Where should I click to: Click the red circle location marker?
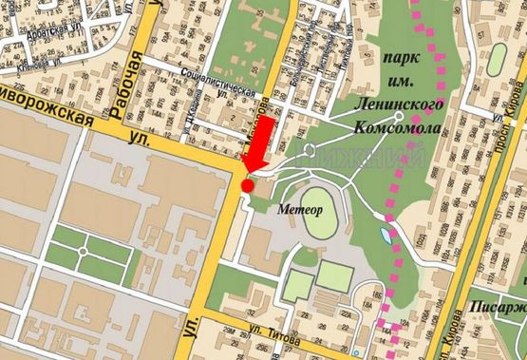pyautogui.click(x=248, y=185)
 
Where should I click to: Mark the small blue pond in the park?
pyautogui.click(x=384, y=234)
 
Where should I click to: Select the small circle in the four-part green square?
pyautogui.click(x=85, y=252)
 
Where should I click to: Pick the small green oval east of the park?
pyautogui.click(x=498, y=62)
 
